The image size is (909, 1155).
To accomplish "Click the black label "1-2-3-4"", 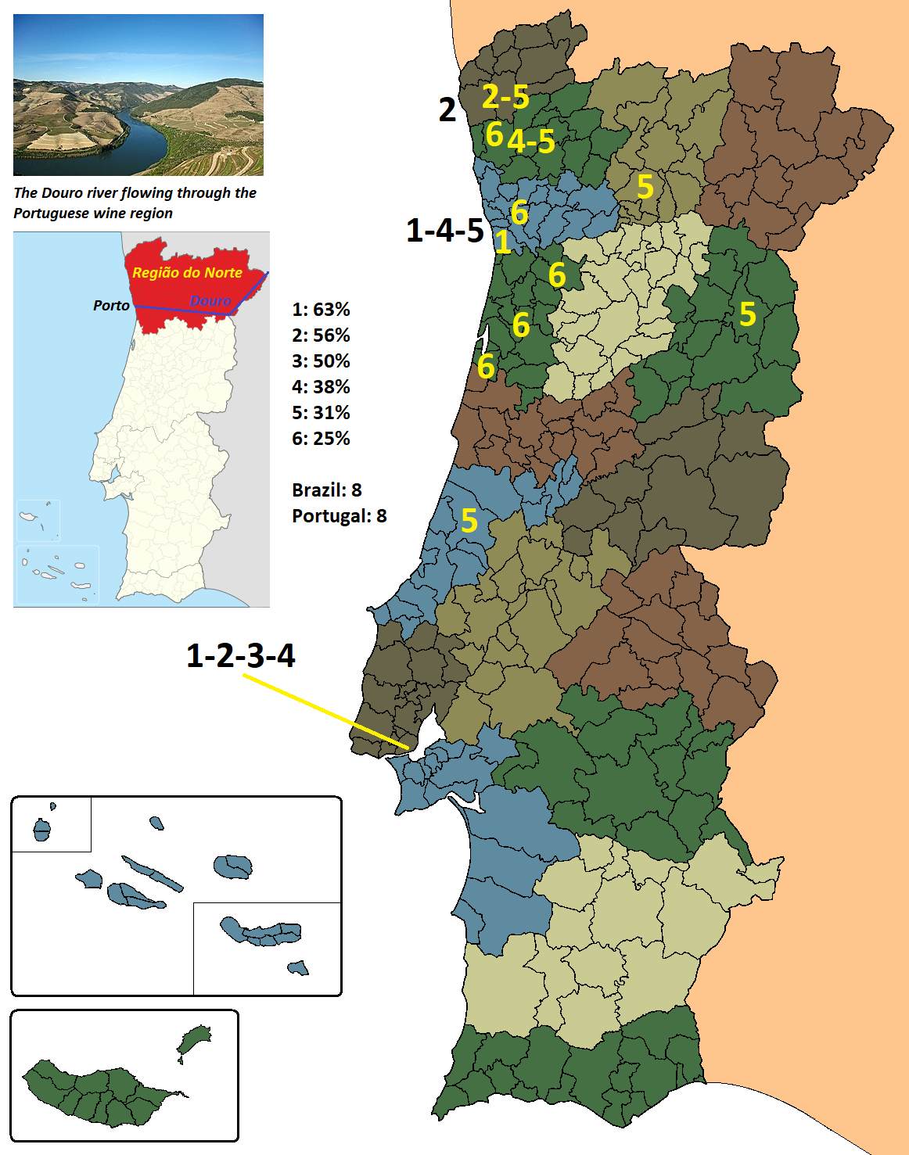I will [240, 655].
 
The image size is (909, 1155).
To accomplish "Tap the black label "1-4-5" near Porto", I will [445, 231].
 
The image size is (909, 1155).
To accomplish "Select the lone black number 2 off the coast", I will [447, 110].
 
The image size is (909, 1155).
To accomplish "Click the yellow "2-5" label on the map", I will [505, 96].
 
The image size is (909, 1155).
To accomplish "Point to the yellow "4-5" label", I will [531, 142].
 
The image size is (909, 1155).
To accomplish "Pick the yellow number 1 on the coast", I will [503, 242].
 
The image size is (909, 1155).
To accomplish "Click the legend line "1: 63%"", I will [321, 310].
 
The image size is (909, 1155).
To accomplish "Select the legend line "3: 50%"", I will [321, 361].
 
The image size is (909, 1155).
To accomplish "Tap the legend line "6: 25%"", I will [321, 439].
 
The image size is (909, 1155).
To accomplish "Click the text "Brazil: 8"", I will [326, 490].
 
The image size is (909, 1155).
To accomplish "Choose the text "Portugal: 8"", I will [339, 516].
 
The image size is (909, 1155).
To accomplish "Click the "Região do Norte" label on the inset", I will [187, 272].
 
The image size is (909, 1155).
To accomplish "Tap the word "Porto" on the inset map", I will [111, 306].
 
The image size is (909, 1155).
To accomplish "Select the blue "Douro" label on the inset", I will [210, 301].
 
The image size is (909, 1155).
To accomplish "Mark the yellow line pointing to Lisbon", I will [325, 711].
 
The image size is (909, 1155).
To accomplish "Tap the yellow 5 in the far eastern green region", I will [748, 314].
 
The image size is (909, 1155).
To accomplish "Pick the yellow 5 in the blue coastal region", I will [469, 521].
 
